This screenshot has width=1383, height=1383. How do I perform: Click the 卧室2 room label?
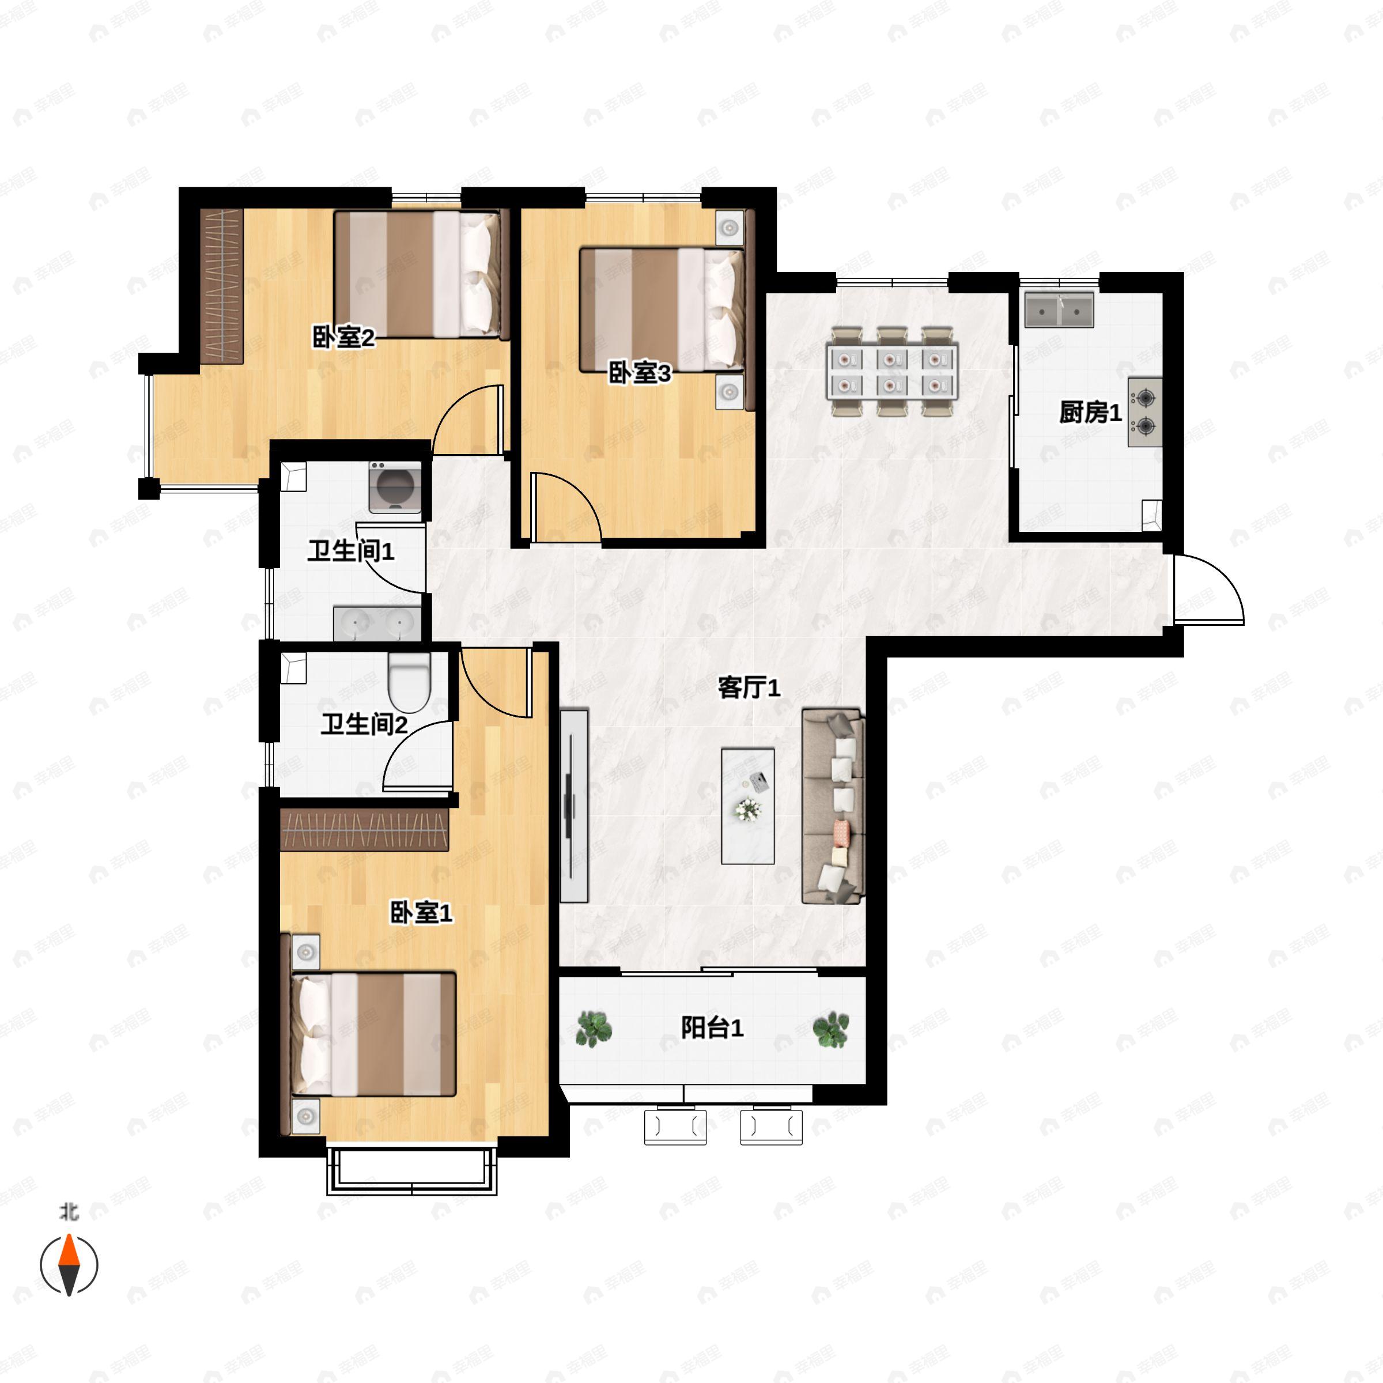coord(343,337)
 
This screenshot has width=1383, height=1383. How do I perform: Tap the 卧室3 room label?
coord(640,373)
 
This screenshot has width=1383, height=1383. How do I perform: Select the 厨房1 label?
coord(1090,413)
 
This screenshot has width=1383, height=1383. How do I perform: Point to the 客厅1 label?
coord(749,687)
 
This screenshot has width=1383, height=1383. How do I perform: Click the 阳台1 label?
coord(712,1028)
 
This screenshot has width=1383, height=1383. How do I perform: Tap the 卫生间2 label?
coord(364,724)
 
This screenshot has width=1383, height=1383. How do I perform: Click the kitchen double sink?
coord(1059,309)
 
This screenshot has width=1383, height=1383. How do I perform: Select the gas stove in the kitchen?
coord(1144,413)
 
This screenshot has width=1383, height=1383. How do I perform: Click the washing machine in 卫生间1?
coord(394,488)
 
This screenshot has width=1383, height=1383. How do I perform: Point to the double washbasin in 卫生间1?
coord(378,624)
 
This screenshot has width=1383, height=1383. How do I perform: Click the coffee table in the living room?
coord(748,806)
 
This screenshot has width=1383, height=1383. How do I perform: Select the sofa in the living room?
coord(833,806)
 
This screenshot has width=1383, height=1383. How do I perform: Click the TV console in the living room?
coord(573,806)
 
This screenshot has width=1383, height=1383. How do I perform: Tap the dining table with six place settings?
coord(892,372)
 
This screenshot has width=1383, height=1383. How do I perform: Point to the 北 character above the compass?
coord(69,1212)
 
